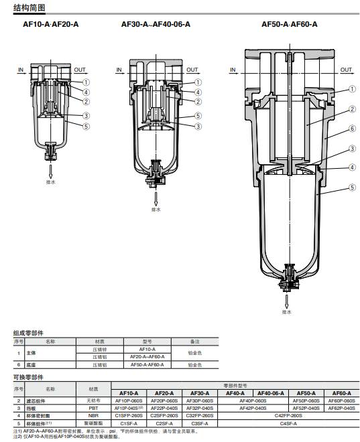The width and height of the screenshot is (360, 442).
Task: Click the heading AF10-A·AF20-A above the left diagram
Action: (x=51, y=24)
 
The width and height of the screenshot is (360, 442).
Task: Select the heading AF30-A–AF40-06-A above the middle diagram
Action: (x=156, y=24)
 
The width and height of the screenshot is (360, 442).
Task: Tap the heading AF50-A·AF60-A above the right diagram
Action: (x=290, y=24)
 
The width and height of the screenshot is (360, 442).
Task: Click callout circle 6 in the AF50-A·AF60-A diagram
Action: (x=352, y=129)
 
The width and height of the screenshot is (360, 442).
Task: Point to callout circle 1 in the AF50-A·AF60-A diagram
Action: (x=352, y=90)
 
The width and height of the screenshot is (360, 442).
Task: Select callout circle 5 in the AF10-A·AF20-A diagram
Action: (x=86, y=126)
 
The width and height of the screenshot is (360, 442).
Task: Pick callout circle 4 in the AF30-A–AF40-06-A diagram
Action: (x=198, y=92)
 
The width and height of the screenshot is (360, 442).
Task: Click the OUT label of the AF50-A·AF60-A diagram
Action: (x=346, y=70)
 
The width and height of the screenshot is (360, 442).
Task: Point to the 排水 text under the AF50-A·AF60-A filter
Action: (x=287, y=312)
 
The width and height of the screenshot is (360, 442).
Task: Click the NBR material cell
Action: (x=93, y=415)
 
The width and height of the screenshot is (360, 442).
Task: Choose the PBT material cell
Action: (x=93, y=408)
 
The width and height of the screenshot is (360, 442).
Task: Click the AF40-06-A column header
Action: (x=270, y=393)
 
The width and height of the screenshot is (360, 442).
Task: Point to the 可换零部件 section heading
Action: (x=28, y=377)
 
